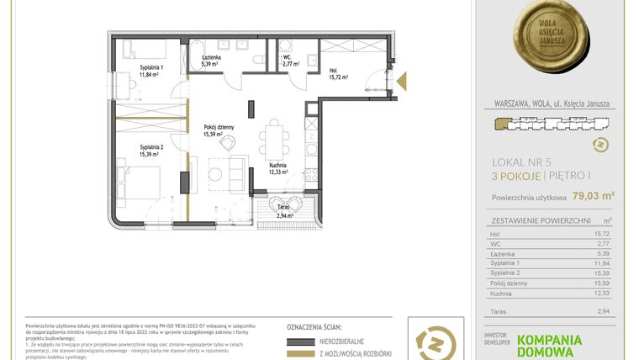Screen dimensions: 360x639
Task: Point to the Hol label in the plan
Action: tap(334, 70)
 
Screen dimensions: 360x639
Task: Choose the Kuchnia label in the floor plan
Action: tap(278, 166)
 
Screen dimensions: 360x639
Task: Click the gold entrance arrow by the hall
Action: tap(402, 81)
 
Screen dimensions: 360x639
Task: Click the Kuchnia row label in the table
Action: tap(504, 293)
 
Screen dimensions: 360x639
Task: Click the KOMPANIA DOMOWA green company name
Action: tap(561, 345)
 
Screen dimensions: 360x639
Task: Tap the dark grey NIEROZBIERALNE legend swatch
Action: tap(305, 342)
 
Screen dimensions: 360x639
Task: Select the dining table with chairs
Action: tap(272, 135)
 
